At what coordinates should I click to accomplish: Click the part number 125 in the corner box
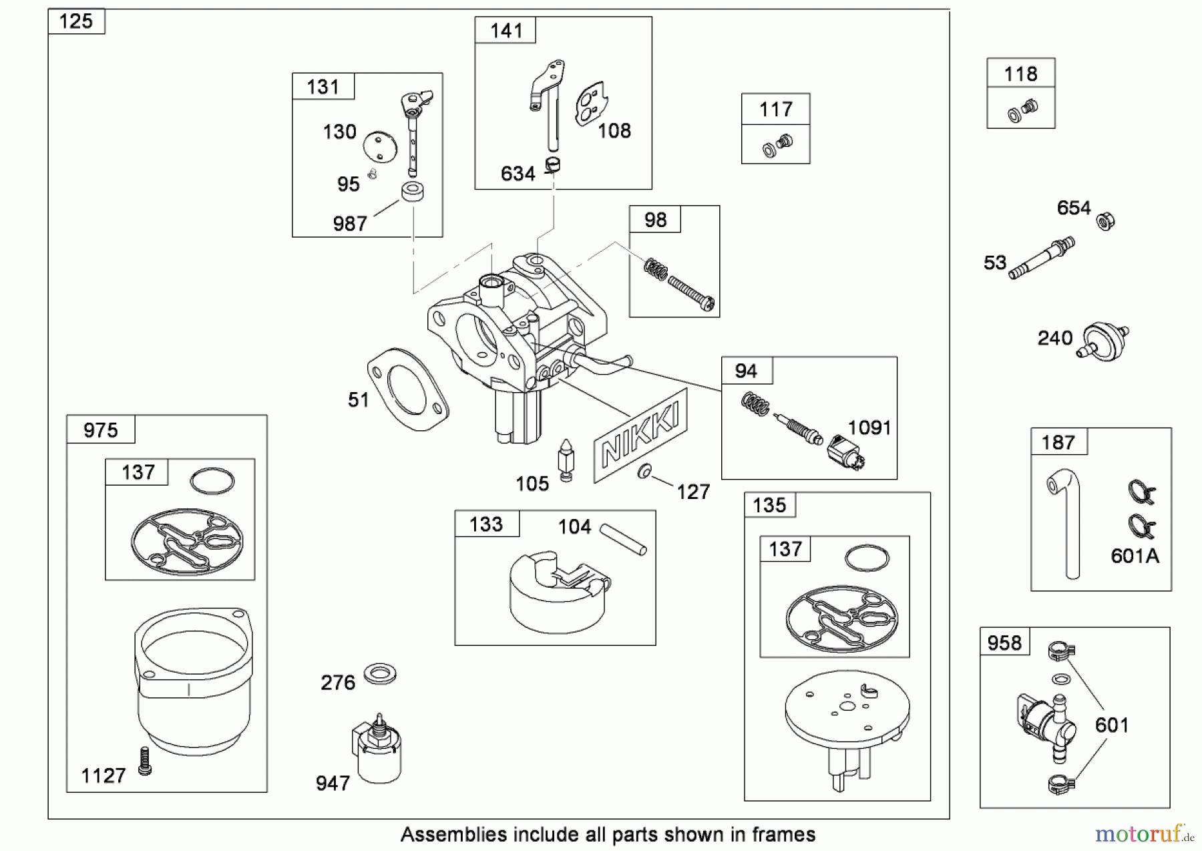[76, 21]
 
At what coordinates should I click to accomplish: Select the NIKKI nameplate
[641, 436]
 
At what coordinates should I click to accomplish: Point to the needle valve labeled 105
[566, 460]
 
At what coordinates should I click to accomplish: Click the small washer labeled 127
[644, 472]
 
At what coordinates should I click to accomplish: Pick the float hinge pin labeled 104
[622, 538]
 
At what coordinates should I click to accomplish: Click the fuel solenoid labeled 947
[377, 751]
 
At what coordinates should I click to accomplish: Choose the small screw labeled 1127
[145, 761]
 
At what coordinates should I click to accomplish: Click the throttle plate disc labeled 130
[379, 146]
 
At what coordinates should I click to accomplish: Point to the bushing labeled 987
[413, 194]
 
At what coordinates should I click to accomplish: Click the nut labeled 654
[1105, 220]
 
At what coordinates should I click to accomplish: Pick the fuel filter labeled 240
[1103, 341]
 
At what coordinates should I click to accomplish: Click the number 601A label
[1135, 556]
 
